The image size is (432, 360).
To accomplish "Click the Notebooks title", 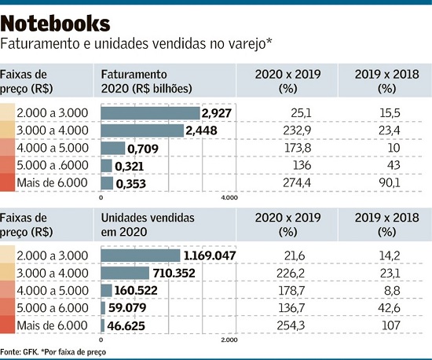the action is [55, 24].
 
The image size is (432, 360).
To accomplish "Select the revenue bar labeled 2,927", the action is [150, 113].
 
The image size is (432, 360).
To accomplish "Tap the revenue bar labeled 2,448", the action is [142, 130].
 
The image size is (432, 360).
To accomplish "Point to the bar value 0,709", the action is [143, 149].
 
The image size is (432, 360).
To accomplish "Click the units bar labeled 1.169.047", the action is [141, 255].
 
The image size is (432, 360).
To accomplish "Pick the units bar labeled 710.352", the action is [125, 273].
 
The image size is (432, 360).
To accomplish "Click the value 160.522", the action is [136, 291].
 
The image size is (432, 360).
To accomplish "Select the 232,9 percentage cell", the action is [297, 130].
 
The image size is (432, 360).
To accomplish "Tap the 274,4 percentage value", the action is [297, 183].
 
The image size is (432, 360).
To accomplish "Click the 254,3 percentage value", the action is [291, 325].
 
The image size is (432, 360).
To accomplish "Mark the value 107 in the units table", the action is [391, 325].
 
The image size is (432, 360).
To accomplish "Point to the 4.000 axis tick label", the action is [229, 197].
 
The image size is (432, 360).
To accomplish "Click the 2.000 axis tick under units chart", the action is [229, 340].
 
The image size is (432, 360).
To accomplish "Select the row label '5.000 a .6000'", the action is [53, 165].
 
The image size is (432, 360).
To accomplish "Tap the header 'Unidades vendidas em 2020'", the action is [148, 225].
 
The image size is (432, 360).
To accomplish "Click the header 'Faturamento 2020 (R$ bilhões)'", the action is [146, 82].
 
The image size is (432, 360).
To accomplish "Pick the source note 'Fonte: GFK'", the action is [20, 352].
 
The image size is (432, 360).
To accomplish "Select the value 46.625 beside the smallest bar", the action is [126, 326].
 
